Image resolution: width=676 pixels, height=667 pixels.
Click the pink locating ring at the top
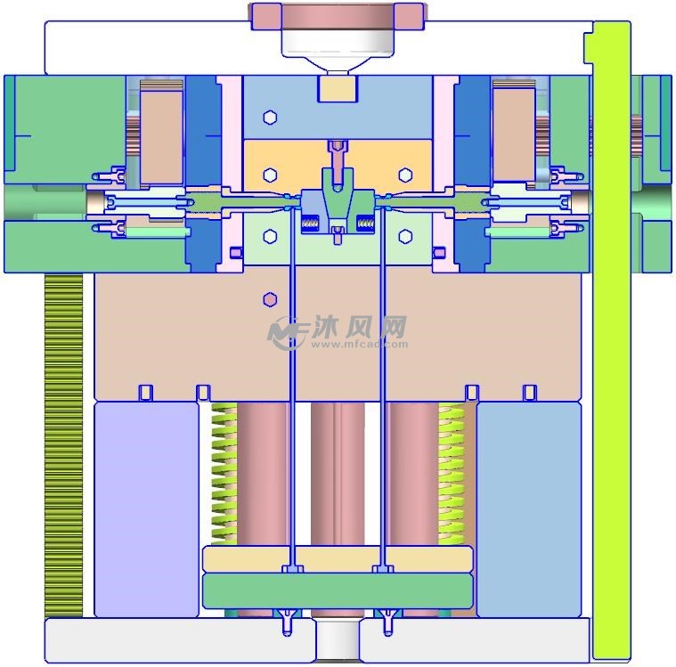(337, 14)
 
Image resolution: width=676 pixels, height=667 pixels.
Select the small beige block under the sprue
(337, 89)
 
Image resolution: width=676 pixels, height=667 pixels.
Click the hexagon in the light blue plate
(271, 117)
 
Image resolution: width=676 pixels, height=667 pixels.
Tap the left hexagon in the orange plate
(271, 174)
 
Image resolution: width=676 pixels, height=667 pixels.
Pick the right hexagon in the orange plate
(405, 174)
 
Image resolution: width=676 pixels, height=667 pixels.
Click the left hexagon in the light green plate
(271, 236)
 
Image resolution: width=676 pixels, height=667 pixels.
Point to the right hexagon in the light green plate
(405, 236)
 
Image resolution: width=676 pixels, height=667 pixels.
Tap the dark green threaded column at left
(63, 445)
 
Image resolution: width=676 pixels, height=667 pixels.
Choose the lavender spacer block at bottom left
(146, 508)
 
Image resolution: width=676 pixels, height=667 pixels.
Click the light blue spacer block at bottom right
(529, 508)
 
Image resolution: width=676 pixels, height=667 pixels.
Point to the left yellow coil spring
(224, 472)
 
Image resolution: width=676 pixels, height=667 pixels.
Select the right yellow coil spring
(451, 472)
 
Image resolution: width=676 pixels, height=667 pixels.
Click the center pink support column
(338, 472)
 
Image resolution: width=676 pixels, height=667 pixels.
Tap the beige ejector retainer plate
(338, 558)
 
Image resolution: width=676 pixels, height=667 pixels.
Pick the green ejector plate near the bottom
(338, 590)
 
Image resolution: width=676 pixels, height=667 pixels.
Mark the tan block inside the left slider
(160, 134)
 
